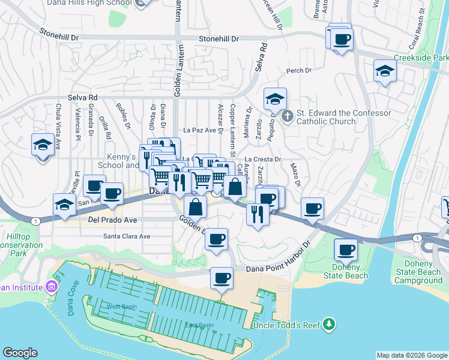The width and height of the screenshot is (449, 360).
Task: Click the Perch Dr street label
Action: (x=299, y=71)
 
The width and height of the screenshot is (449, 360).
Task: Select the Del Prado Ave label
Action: (x=113, y=220)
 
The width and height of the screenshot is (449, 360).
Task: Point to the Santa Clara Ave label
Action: (x=127, y=236)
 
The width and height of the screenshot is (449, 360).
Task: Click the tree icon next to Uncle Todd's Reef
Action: (x=328, y=325)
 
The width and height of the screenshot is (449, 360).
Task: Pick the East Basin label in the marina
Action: (x=199, y=325)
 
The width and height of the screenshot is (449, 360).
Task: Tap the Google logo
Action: (x=20, y=353)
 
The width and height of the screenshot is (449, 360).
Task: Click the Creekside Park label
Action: (x=421, y=58)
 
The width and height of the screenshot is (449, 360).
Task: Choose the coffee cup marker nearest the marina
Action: (x=221, y=278)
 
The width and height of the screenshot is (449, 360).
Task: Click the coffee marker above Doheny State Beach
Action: (x=345, y=250)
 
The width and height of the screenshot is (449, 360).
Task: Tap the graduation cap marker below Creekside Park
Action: (x=384, y=71)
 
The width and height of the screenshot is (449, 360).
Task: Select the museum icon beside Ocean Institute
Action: (x=51, y=287)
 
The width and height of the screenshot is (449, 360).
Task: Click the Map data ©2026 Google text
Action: (x=411, y=355)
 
